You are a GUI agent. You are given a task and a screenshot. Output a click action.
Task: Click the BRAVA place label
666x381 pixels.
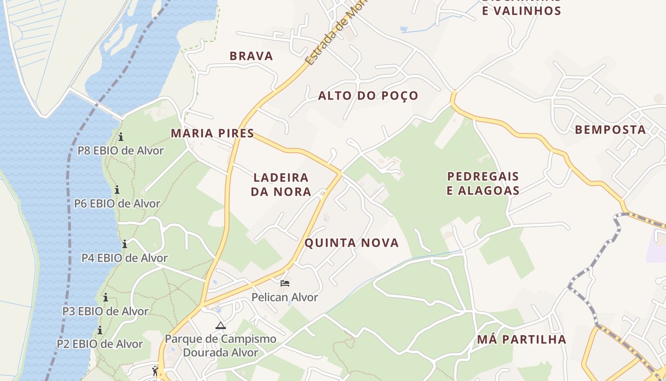251,56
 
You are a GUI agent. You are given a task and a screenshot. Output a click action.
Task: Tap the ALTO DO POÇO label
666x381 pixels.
368,96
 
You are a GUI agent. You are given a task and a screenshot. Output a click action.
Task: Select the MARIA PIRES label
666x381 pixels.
212,133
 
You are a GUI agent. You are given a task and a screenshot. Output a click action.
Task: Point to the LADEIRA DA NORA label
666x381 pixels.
282,185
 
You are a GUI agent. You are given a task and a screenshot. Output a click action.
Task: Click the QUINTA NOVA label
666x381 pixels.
352,243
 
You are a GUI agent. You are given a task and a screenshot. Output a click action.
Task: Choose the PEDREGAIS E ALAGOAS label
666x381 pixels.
483,183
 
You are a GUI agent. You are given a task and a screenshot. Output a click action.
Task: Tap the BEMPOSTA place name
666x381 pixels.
610,130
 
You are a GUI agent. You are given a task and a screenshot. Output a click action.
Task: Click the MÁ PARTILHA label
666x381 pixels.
521,340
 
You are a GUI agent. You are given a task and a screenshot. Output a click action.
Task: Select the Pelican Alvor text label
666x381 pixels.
284,298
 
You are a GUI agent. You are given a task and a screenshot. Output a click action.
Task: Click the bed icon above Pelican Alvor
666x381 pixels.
285,283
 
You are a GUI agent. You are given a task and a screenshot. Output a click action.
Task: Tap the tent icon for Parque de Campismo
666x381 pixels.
220,326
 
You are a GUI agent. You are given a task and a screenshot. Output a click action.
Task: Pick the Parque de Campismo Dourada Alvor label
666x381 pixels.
220,346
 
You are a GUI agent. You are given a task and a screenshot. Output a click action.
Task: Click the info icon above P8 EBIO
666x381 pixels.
121,137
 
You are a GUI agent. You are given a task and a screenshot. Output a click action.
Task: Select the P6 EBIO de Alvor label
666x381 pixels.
117,204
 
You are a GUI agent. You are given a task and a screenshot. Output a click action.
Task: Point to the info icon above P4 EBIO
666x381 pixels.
125,244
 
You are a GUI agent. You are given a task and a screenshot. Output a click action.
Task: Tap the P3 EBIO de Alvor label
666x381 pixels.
105,311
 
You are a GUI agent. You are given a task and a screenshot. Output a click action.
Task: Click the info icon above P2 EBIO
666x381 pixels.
100,330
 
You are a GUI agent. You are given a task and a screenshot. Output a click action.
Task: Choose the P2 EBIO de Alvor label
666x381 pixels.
99,344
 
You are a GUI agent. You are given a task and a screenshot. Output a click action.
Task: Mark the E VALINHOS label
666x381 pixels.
521,10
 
